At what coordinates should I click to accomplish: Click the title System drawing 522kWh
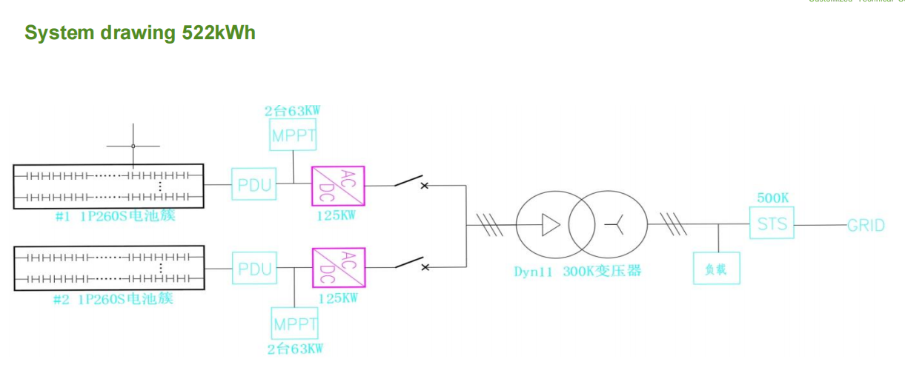[x=140, y=33]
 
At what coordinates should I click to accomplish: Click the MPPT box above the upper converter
[x=294, y=135]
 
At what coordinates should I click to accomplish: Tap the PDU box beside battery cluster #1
[x=254, y=184]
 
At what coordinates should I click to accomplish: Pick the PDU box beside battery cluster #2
[x=254, y=269]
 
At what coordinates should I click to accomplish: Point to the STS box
[x=772, y=223]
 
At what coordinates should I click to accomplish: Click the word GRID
[x=866, y=225]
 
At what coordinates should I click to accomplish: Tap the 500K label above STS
[x=772, y=198]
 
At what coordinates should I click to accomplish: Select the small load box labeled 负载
[x=717, y=269]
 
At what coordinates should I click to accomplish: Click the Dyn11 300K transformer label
[x=577, y=272]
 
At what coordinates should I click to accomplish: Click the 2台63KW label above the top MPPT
[x=293, y=112]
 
